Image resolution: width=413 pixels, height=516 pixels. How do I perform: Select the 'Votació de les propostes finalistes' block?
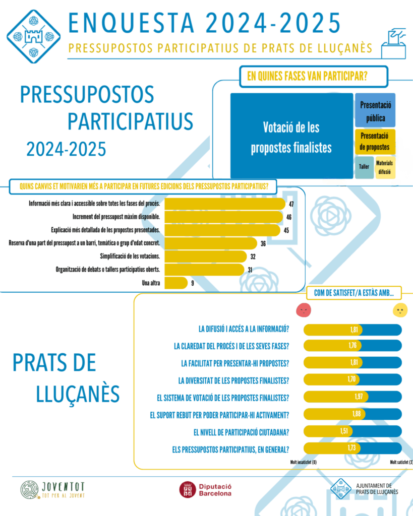point(292,136)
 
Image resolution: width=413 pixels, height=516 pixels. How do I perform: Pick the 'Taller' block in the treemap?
point(364,166)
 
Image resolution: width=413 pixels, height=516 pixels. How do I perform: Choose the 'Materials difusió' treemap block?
point(385,166)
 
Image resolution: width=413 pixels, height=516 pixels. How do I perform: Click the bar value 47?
point(291,204)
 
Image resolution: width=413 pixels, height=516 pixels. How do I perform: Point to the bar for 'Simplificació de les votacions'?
point(207,256)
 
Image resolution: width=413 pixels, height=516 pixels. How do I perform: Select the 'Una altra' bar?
point(176,283)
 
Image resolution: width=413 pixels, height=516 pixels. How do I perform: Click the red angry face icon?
point(304,310)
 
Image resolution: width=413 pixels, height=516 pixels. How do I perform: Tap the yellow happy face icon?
point(400,310)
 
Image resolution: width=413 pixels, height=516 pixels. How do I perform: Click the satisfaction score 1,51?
point(344,431)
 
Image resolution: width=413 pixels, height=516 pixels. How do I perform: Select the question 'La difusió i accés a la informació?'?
point(244,330)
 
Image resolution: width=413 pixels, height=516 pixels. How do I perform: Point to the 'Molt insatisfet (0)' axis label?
point(303,462)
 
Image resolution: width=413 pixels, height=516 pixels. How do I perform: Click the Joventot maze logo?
point(29,490)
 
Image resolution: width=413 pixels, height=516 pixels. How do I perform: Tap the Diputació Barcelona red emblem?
point(188,490)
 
